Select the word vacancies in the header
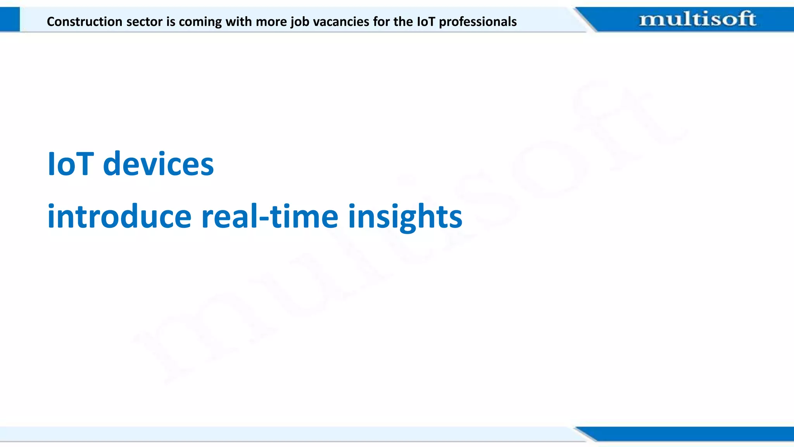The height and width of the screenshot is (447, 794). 341,21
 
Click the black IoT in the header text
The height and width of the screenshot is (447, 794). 426,21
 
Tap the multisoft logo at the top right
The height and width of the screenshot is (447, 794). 697,19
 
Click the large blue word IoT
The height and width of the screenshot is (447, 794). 70,164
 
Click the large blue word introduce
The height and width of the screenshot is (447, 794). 119,217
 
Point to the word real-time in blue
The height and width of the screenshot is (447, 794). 270,217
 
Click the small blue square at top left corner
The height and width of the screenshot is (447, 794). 10,19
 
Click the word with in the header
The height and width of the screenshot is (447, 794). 239,21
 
